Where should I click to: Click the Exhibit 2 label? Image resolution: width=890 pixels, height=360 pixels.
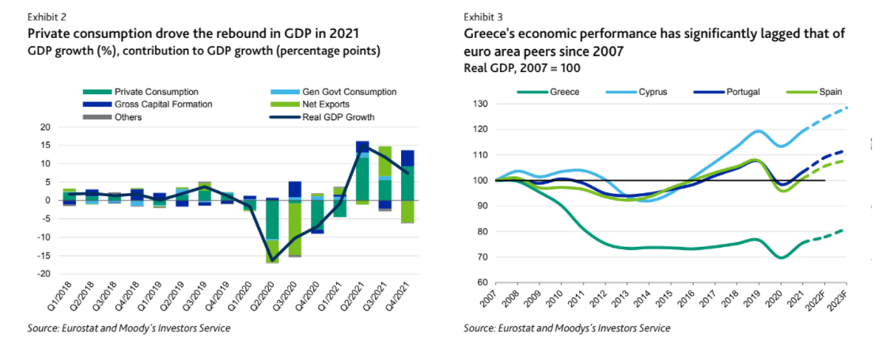pos(46,17)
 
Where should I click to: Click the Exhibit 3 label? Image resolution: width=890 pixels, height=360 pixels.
pos(483,17)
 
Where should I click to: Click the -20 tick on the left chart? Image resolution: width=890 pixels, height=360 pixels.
pos(44,274)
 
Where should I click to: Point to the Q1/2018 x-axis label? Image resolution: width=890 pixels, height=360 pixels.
pos(60,298)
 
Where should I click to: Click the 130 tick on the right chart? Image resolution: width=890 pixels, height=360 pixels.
pos(479,104)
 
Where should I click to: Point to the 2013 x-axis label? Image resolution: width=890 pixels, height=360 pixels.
pos(628,301)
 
